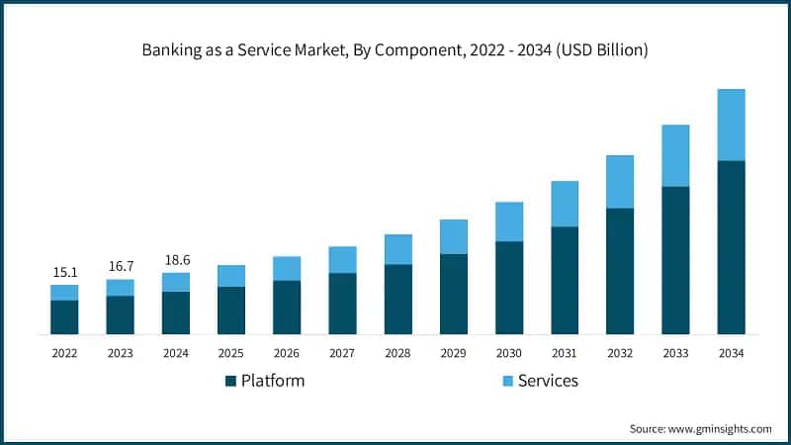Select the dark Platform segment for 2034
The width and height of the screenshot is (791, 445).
click(731, 247)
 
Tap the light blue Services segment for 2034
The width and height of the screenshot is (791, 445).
click(731, 125)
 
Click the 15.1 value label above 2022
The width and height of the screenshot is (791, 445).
click(64, 272)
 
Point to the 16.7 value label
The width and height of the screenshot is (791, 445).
click(120, 267)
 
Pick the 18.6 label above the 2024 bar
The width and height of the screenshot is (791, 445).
click(175, 260)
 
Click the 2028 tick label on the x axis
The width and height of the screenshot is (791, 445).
click(397, 352)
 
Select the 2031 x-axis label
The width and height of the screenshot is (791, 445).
click(565, 352)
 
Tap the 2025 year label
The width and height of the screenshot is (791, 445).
click(231, 352)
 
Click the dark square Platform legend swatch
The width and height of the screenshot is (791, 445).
click(231, 381)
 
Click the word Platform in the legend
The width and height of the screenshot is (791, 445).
click(273, 381)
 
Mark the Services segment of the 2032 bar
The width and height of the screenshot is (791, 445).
click(620, 182)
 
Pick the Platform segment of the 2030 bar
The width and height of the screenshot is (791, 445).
click(509, 288)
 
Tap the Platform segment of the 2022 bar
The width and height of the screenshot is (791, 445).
click(64, 317)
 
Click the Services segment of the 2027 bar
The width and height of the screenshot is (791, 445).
click(342, 260)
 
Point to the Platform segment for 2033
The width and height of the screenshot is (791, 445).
click(675, 260)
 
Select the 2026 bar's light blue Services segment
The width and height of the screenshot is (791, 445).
click(287, 268)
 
